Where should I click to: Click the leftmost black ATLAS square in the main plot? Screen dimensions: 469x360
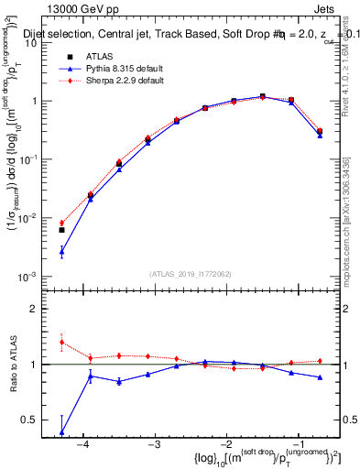tap(61, 230)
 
